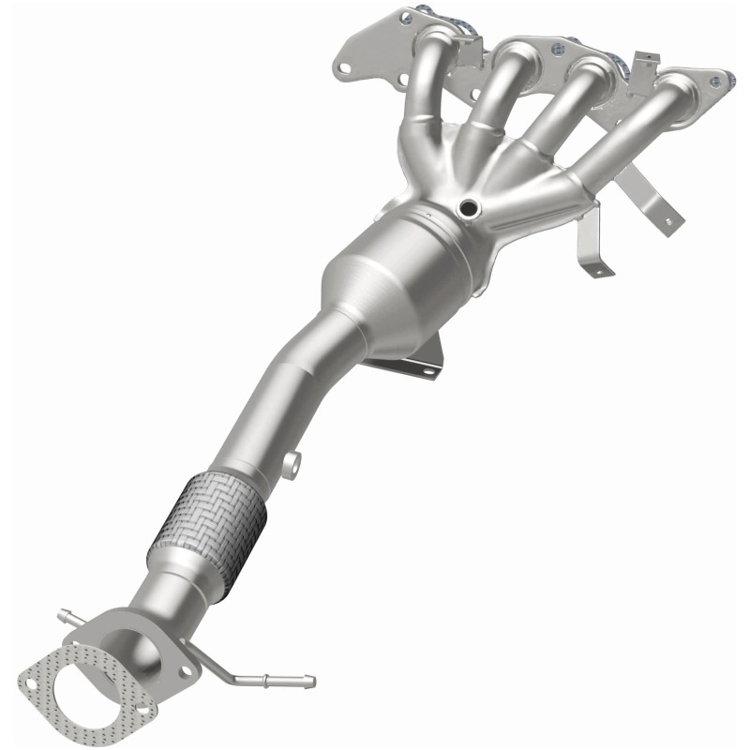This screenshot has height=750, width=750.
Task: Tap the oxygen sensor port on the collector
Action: (467, 206)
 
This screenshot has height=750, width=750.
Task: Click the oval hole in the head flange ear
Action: (343, 68)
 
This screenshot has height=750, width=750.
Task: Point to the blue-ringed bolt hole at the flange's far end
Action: (716, 82)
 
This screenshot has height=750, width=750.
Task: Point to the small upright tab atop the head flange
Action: (641, 64)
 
